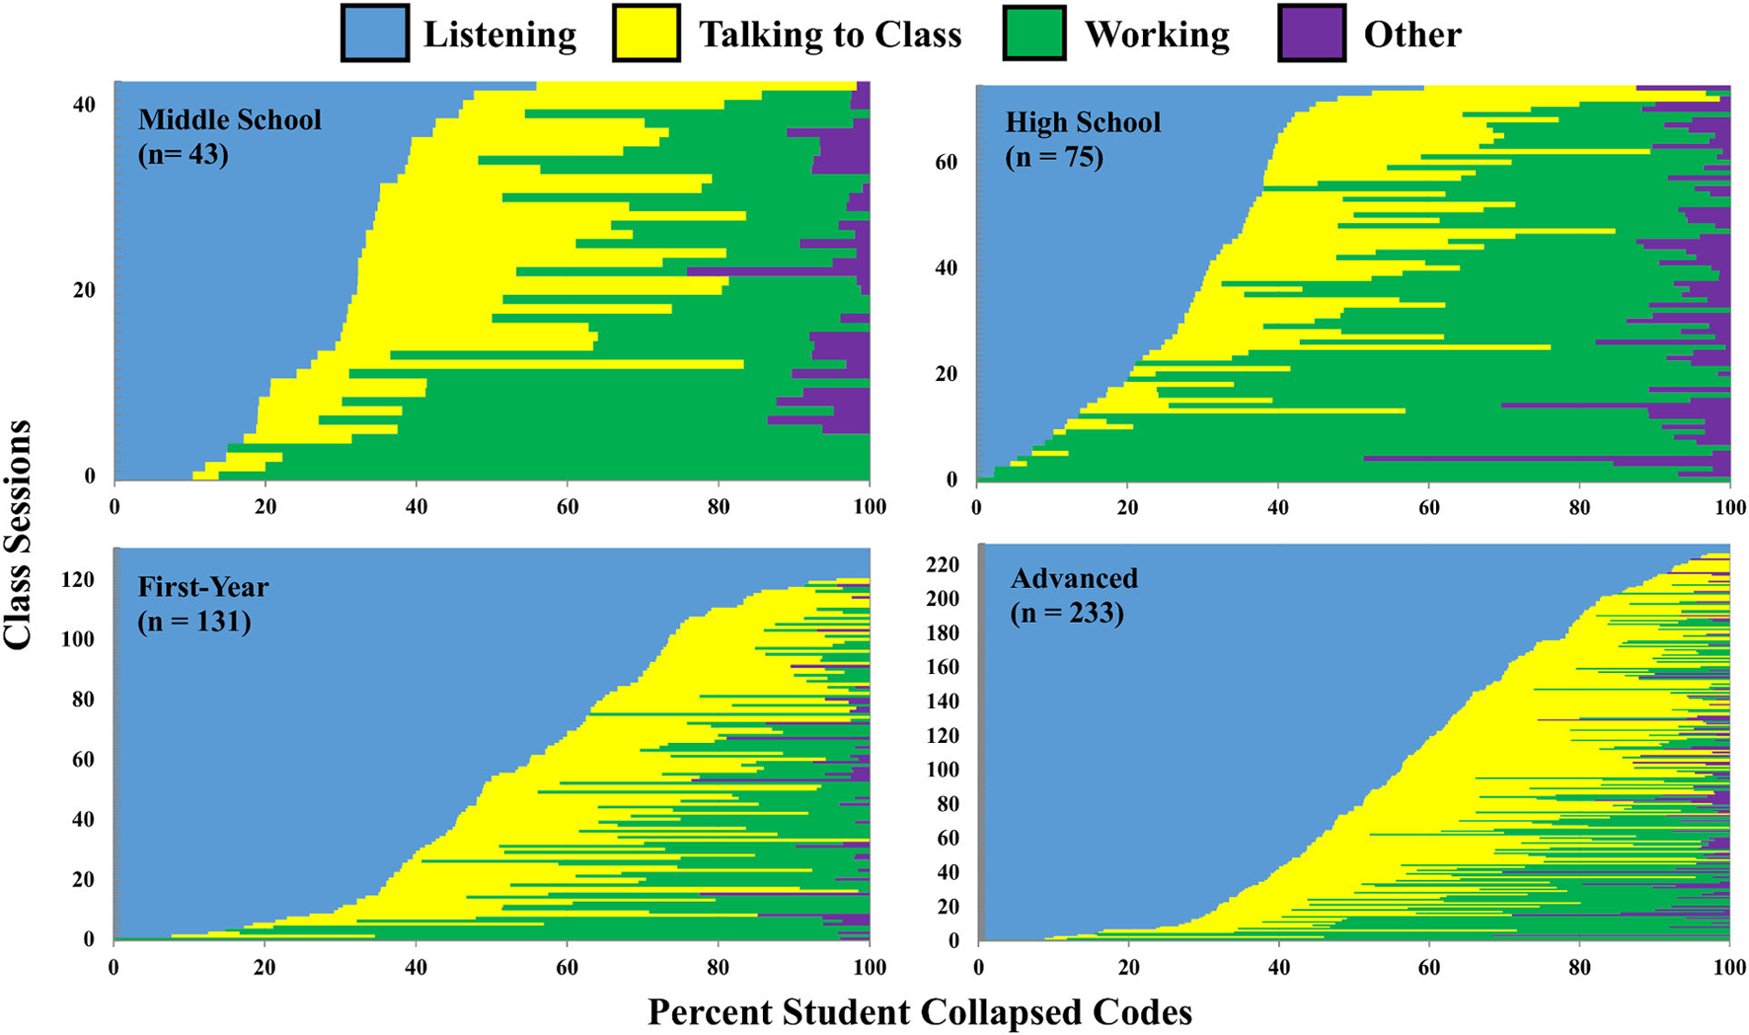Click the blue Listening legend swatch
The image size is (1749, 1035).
click(x=374, y=34)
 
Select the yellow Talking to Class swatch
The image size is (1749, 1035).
click(x=646, y=34)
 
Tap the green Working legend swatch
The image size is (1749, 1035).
click(x=1033, y=34)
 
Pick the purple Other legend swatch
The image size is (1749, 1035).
click(x=1311, y=34)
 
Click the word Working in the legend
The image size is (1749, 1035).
click(x=1157, y=35)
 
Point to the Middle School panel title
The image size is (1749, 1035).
click(x=229, y=119)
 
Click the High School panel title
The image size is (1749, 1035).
click(x=1083, y=122)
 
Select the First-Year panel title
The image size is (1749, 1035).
click(x=202, y=587)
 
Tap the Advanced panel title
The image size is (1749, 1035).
click(x=1074, y=578)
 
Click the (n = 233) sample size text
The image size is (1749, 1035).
click(x=1067, y=613)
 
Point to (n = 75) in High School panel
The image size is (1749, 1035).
click(x=1054, y=157)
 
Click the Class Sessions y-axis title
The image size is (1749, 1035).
click(x=18, y=534)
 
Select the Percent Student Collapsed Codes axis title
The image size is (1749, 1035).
click(x=919, y=1012)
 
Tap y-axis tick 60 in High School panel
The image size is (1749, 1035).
click(x=946, y=162)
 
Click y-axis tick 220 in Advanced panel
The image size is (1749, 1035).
click(x=942, y=564)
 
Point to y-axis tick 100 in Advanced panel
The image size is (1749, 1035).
click(x=942, y=769)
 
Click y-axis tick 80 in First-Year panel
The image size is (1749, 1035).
click(x=81, y=700)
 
